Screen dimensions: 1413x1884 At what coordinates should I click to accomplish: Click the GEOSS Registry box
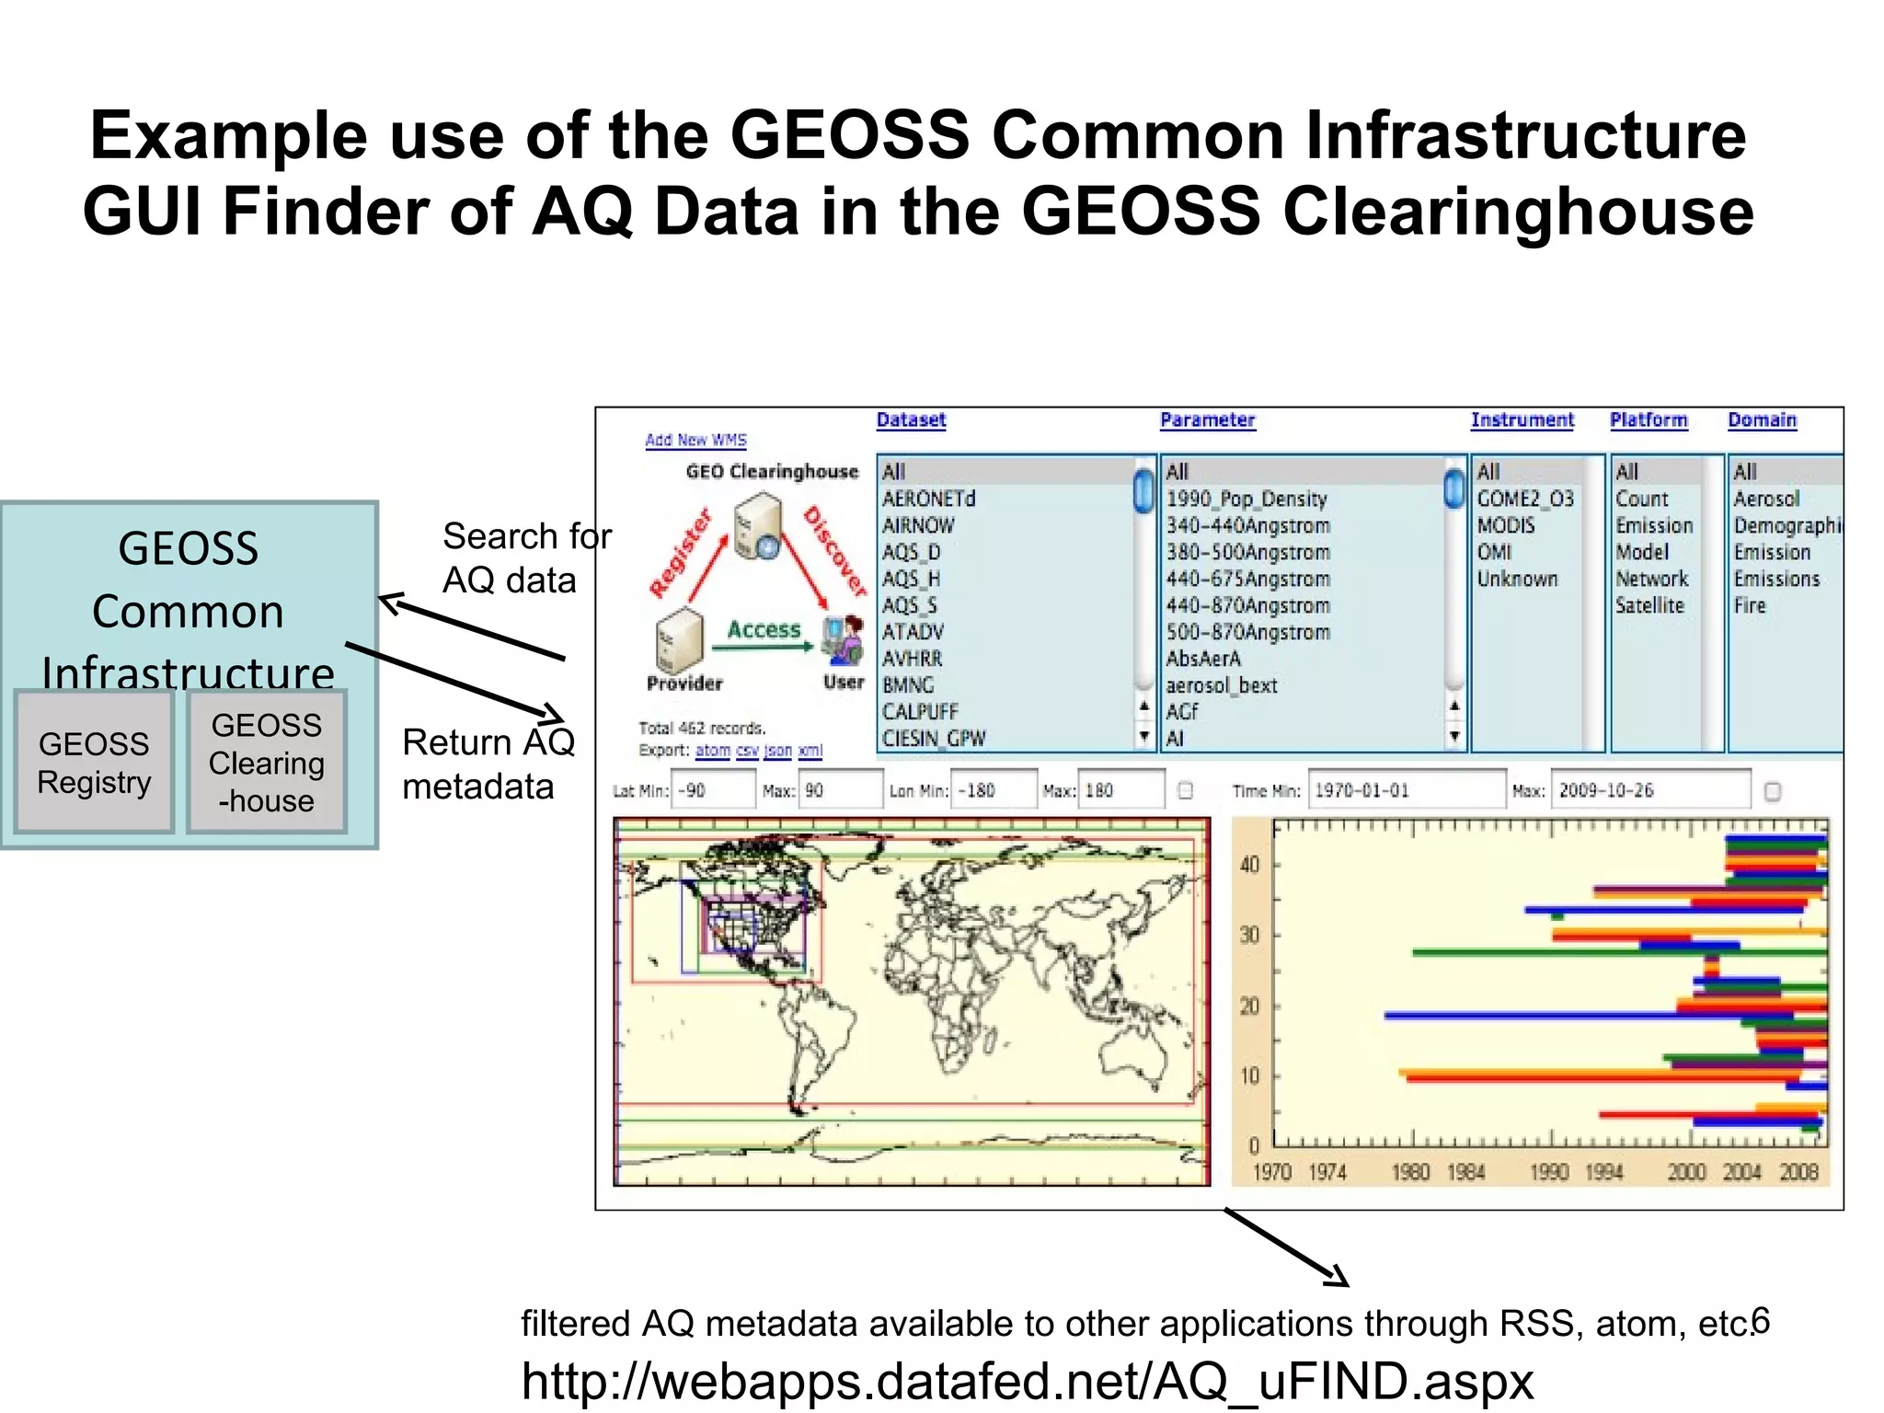(x=94, y=762)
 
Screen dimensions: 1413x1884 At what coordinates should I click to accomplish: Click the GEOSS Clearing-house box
(x=267, y=762)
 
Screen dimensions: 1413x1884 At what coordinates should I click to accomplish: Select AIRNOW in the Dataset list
(x=918, y=525)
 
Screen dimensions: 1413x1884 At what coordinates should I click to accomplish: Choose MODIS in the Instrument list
(x=1505, y=525)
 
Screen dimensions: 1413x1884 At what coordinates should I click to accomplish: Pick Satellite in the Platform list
(x=1649, y=605)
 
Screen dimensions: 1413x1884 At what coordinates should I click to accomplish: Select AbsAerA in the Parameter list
(x=1203, y=659)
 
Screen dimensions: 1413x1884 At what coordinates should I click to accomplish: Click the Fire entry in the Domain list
(x=1750, y=605)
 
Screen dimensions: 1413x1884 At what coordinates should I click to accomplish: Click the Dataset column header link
(x=911, y=420)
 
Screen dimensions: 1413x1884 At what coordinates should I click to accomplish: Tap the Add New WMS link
(x=695, y=441)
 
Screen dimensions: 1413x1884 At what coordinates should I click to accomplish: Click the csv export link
(x=747, y=751)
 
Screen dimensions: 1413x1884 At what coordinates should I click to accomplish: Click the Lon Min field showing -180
(x=994, y=790)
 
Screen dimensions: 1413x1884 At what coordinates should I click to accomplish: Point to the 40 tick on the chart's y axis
(x=1249, y=865)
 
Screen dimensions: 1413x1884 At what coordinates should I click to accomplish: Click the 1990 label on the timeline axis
(x=1548, y=1172)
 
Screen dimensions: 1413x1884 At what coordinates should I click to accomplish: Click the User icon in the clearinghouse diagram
(x=844, y=639)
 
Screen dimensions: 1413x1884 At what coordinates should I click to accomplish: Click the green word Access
(x=764, y=630)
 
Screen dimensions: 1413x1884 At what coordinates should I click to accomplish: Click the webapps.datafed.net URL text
(x=1027, y=1381)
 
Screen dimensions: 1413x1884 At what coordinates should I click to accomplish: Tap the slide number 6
(x=1760, y=1320)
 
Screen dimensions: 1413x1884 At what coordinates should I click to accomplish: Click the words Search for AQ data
(x=525, y=557)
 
